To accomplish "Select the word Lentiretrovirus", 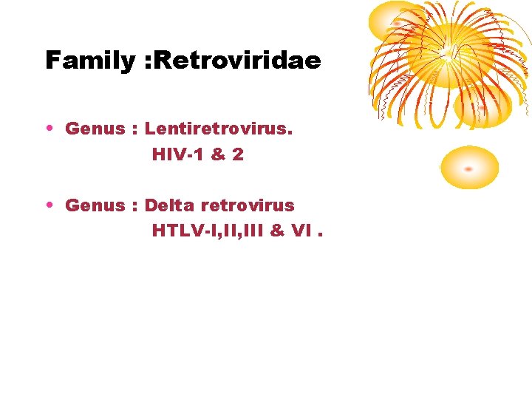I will pyautogui.click(x=219, y=129).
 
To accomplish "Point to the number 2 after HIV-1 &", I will pyautogui.click(x=237, y=154).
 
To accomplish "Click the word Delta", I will pyautogui.click(x=169, y=205).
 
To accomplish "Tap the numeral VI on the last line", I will pyautogui.click(x=301, y=231).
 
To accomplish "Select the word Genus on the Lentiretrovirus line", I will pyautogui.click(x=95, y=129).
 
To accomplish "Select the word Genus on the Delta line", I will pyautogui.click(x=95, y=205).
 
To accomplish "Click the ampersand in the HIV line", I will pyautogui.click(x=216, y=154).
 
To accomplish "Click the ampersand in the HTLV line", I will pyautogui.click(x=278, y=231).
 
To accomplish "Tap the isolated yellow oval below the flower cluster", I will pyautogui.click(x=469, y=167).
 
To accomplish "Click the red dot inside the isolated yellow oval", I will pyautogui.click(x=468, y=169).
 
